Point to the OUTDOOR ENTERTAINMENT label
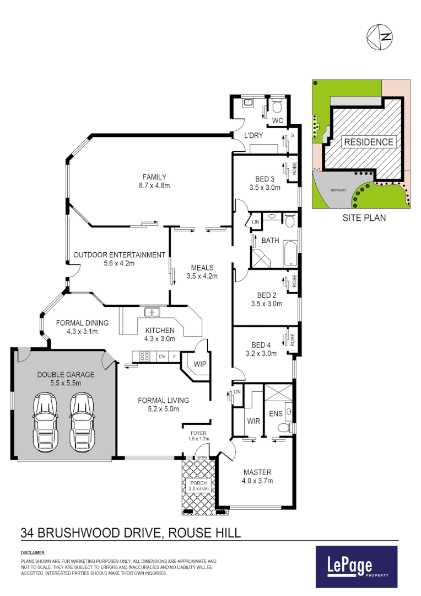click(x=120, y=255)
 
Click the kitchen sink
click(x=152, y=313)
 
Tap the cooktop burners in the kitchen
click(x=144, y=356)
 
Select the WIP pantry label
click(x=199, y=364)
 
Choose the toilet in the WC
click(x=277, y=105)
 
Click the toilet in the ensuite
click(x=284, y=427)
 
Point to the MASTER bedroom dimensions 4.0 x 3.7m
click(x=258, y=481)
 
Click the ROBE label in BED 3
click(x=294, y=168)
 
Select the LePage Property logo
click(x=356, y=566)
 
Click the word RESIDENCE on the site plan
click(x=369, y=142)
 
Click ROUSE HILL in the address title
click(x=205, y=533)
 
